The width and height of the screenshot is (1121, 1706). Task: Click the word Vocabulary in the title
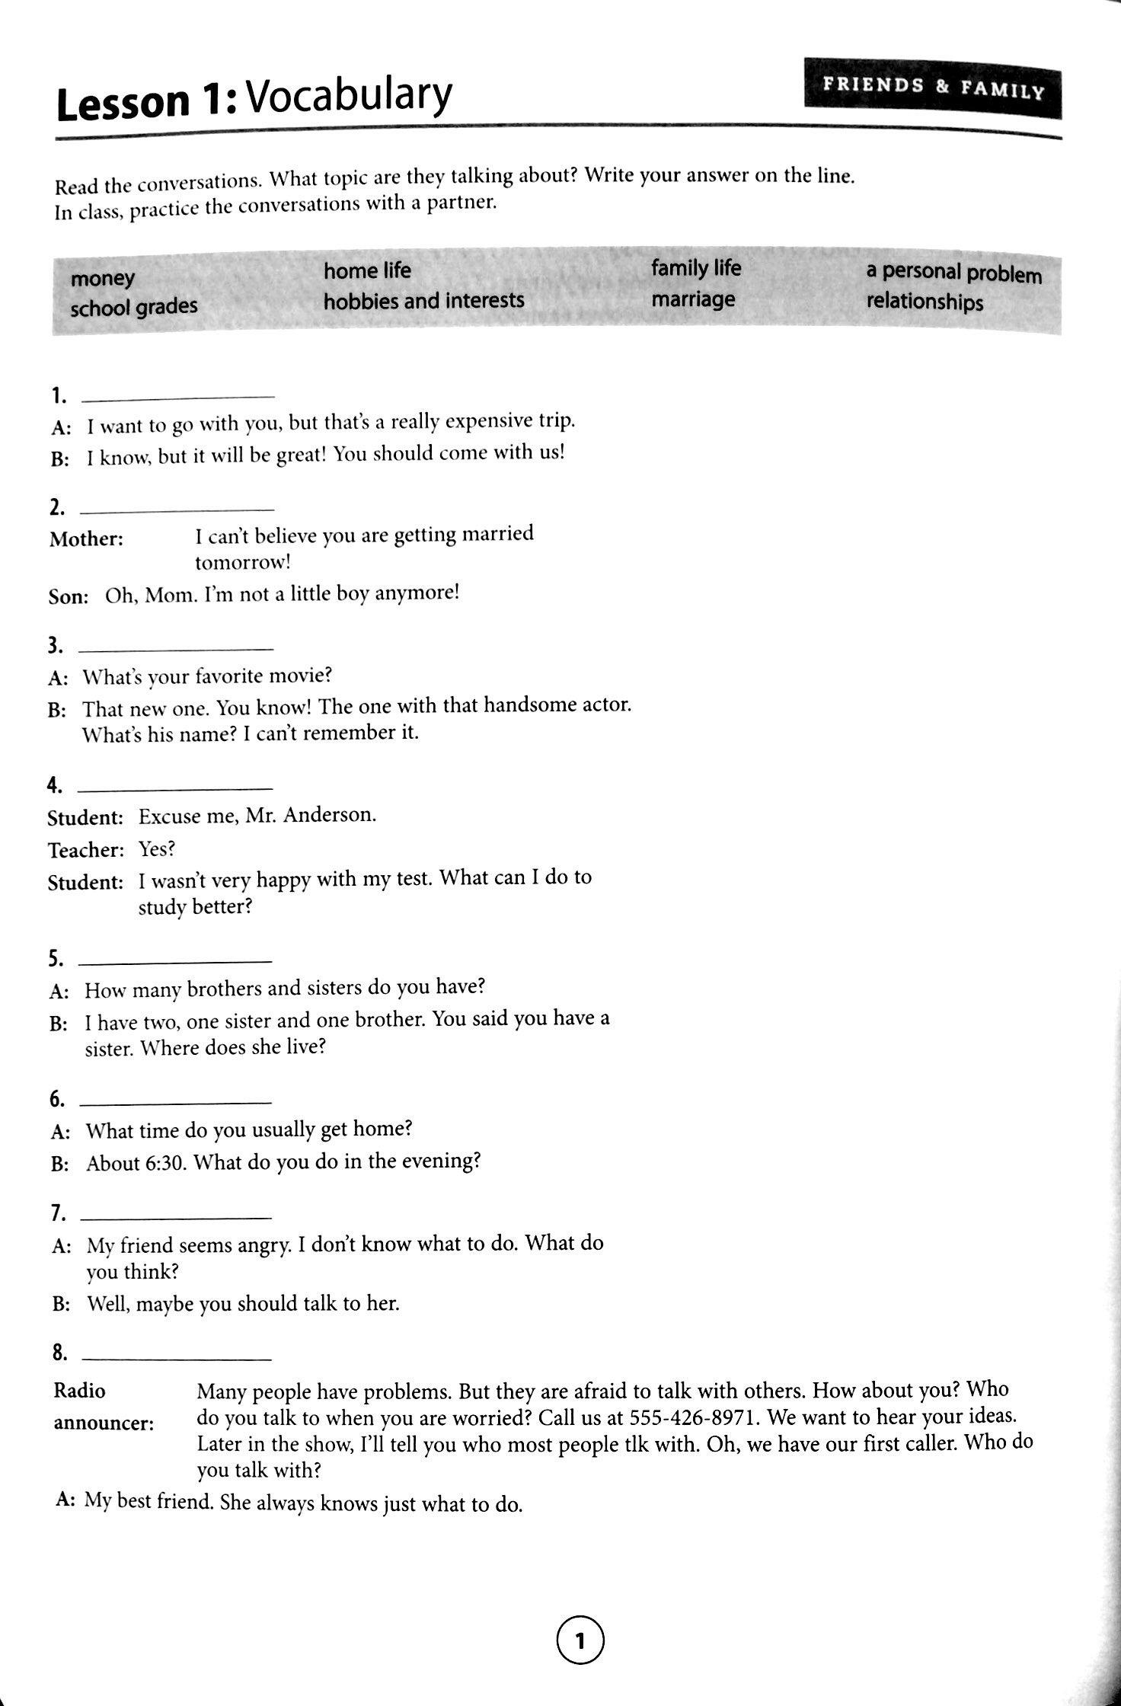pos(350,97)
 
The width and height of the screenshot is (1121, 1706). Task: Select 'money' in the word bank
pos(103,279)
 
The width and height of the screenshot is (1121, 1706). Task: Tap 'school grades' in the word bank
pos(134,307)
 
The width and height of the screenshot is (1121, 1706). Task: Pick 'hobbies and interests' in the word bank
pos(423,301)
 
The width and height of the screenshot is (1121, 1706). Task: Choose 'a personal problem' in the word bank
pos(953,273)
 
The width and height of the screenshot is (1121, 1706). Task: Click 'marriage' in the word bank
pos(693,299)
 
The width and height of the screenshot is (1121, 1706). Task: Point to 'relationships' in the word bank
pos(925,302)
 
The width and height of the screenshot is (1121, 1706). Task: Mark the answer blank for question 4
pos(175,786)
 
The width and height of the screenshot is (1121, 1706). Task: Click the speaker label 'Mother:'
pos(86,539)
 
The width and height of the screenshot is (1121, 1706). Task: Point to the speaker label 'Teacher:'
pos(85,849)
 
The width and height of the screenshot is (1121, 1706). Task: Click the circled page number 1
pos(580,1641)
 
